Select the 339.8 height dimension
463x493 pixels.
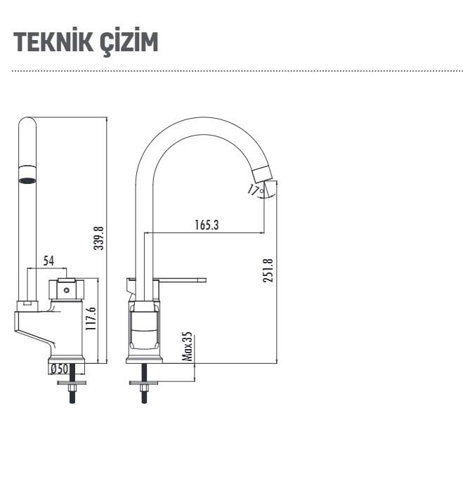(99, 238)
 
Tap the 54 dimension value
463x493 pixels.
(48, 261)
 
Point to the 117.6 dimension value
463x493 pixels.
(91, 320)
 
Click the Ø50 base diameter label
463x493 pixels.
(58, 369)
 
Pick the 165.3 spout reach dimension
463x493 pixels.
(207, 225)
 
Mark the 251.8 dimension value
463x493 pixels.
(268, 270)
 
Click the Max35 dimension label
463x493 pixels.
(188, 347)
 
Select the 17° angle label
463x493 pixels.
(254, 188)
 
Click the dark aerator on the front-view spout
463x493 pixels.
(27, 181)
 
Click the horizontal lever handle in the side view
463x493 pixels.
(184, 280)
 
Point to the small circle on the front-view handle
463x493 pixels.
(67, 289)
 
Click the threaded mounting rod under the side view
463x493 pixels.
(144, 393)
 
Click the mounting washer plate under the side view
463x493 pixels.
(144, 382)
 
